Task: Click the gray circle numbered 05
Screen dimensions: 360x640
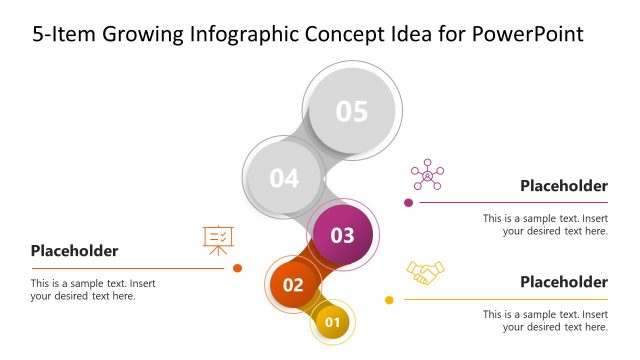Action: pyautogui.click(x=352, y=111)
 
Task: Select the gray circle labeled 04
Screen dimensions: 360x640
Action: pyautogui.click(x=284, y=178)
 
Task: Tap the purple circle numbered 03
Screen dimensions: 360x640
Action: pyautogui.click(x=343, y=236)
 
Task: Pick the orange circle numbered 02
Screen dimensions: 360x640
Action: pyautogui.click(x=293, y=284)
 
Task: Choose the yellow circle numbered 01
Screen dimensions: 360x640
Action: pyautogui.click(x=333, y=322)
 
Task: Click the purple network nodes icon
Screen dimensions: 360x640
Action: pyautogui.click(x=427, y=175)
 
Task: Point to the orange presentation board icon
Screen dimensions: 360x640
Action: pyautogui.click(x=219, y=237)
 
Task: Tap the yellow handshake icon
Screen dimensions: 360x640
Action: pyautogui.click(x=425, y=272)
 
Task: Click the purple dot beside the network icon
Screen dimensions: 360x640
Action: pyautogui.click(x=408, y=203)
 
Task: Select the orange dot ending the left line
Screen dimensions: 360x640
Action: pyautogui.click(x=237, y=268)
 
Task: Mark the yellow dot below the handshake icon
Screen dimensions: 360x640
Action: pyautogui.click(x=389, y=300)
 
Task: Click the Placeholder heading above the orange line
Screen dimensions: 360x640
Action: pyautogui.click(x=74, y=251)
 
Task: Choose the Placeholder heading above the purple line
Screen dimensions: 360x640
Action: pyautogui.click(x=564, y=186)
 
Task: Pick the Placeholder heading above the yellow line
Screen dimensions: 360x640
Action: pyautogui.click(x=564, y=282)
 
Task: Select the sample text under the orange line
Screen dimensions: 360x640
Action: pyautogui.click(x=93, y=289)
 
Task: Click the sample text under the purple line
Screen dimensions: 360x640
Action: pyautogui.click(x=545, y=224)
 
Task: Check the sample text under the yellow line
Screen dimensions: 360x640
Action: pyautogui.click(x=545, y=320)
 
